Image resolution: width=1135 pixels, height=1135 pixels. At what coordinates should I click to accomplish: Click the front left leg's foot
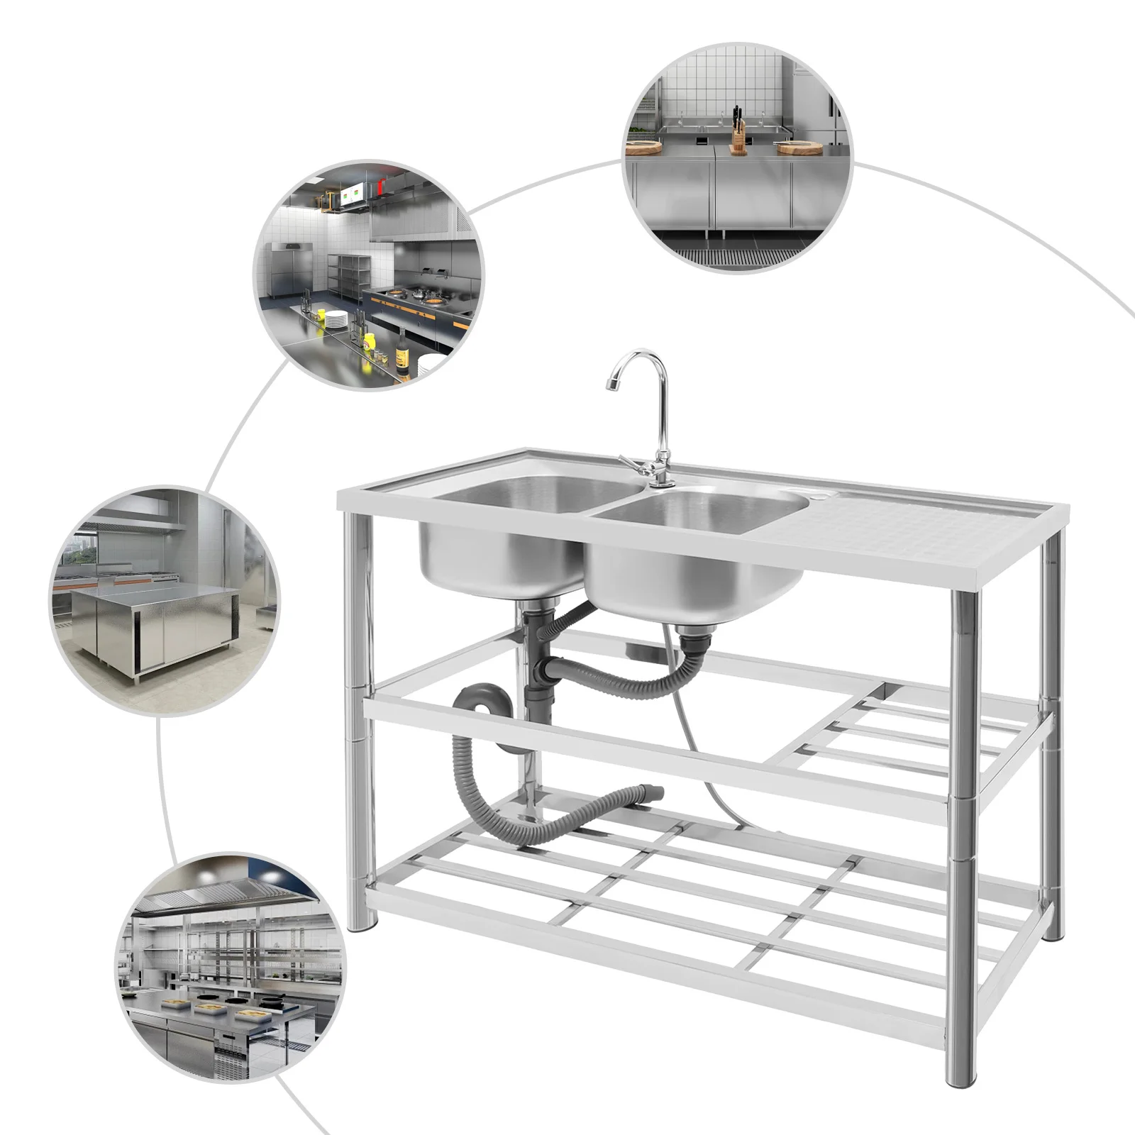point(363,922)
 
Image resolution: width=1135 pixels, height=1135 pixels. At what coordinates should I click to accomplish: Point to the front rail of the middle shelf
point(653,752)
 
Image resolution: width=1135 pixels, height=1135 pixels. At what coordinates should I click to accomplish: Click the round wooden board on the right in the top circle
point(797,148)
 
